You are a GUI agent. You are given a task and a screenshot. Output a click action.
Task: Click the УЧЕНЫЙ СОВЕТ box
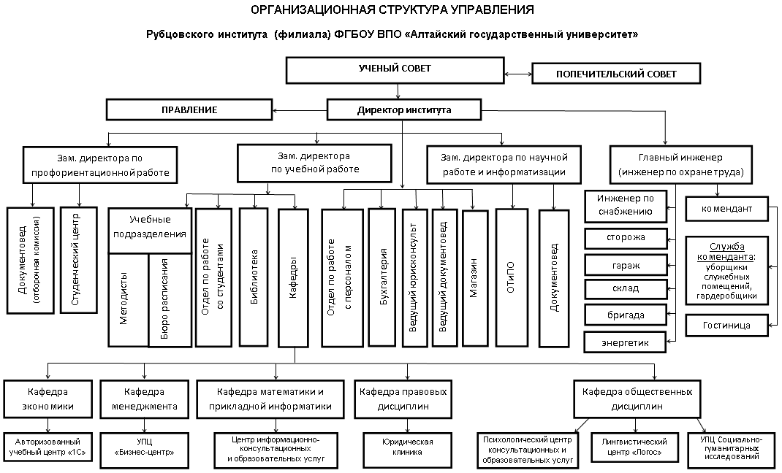(x=395, y=69)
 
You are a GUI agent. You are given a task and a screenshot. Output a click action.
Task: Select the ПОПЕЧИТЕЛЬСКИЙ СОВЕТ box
(x=616, y=74)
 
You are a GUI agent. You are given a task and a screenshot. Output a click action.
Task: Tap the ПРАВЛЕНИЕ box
(x=189, y=109)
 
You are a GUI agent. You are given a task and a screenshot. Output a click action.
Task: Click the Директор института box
(x=404, y=109)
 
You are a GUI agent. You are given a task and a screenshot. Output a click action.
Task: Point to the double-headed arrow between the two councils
(x=517, y=74)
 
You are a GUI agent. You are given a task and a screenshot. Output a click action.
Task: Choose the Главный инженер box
(x=680, y=165)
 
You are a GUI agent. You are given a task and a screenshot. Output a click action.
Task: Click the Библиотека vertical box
(x=254, y=277)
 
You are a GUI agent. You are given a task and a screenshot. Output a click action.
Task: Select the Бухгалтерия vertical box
(x=383, y=277)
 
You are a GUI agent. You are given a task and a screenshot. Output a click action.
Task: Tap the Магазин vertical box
(x=474, y=278)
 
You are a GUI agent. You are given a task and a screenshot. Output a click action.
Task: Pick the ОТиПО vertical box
(x=511, y=277)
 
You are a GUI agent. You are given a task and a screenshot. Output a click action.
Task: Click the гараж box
(x=626, y=265)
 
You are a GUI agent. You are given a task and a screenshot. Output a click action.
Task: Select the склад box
(x=626, y=289)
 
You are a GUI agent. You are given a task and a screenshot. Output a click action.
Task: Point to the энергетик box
(x=626, y=342)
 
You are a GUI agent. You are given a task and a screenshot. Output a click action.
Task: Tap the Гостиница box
(x=726, y=326)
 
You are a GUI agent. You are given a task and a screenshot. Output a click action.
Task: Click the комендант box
(x=726, y=209)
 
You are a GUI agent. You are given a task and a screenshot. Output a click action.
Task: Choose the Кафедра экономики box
(x=48, y=399)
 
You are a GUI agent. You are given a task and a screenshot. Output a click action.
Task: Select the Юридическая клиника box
(x=408, y=447)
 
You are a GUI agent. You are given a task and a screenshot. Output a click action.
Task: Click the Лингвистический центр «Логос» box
(x=634, y=447)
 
